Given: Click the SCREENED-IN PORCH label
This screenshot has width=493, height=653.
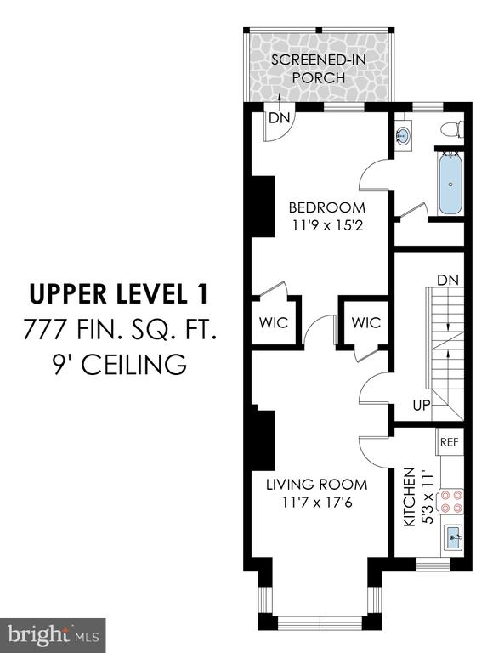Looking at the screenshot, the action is tap(319, 69).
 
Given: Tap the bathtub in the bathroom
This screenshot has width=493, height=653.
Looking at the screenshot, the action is tap(450, 184).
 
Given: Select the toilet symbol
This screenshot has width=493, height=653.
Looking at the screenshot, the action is tap(452, 129).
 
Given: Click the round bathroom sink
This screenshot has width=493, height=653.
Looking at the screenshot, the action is tap(402, 135).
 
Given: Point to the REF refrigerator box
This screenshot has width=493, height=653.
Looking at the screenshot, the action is tap(450, 442).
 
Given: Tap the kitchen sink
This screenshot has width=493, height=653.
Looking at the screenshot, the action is tap(454, 538).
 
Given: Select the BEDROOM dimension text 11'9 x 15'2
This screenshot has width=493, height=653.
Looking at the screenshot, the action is tap(327, 225).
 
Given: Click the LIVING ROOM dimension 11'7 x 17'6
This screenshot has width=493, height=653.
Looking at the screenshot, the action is tap(317, 503).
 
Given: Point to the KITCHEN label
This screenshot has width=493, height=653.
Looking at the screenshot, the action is tap(410, 497).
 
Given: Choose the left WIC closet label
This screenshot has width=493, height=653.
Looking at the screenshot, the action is tap(274, 322).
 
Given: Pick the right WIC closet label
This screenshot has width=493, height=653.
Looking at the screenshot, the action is tap(366, 322).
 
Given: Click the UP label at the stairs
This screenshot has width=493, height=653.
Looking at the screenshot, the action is tap(422, 405).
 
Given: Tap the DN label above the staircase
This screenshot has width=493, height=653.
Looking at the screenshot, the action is tap(448, 280).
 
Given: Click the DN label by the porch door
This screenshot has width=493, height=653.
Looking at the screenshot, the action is tap(279, 118).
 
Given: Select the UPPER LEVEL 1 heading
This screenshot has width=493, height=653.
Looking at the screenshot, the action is tap(119, 293).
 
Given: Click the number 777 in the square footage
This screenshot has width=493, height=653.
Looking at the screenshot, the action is tap(44, 328).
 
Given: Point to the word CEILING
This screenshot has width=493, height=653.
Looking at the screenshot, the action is tap(134, 365).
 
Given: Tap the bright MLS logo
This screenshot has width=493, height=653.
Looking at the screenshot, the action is tap(53, 636).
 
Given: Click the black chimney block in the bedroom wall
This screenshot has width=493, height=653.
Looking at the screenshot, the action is tap(263, 206).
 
